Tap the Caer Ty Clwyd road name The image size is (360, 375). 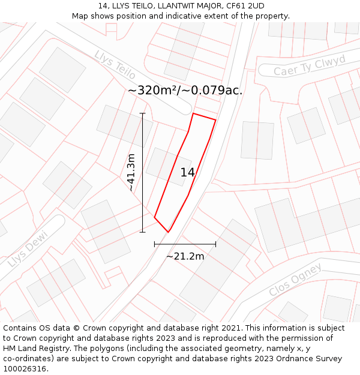pyautogui.click(x=310, y=65)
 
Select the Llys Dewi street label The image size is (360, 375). pyautogui.click(x=28, y=248)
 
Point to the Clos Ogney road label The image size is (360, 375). pyautogui.click(x=295, y=280)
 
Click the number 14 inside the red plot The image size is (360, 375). pyautogui.click(x=188, y=172)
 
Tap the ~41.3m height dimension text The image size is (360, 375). pyautogui.click(x=131, y=172)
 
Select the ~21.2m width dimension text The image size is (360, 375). pyautogui.click(x=185, y=256)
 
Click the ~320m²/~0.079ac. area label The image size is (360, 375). pyautogui.click(x=185, y=91)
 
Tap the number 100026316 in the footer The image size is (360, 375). pyautogui.click(x=25, y=369)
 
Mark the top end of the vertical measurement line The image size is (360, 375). pyautogui.click(x=142, y=113)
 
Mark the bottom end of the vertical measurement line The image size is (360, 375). pyautogui.click(x=142, y=232)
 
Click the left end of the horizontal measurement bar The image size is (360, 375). pyautogui.click(x=155, y=244)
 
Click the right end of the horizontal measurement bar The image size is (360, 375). pyautogui.click(x=215, y=244)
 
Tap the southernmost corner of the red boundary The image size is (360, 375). pyautogui.click(x=168, y=232)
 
